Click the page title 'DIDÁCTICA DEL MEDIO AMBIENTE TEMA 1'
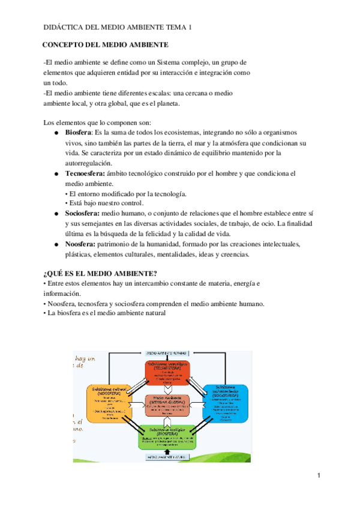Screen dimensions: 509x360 click(118, 28)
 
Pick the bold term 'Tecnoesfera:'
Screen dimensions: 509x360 click(85, 173)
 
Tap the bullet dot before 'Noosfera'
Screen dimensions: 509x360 click(55, 244)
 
